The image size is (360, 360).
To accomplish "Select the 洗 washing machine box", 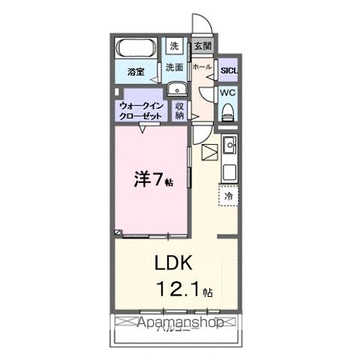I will click(x=174, y=46).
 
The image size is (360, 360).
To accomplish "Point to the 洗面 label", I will click(x=174, y=67).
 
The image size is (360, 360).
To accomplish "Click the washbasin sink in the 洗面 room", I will click(x=179, y=92).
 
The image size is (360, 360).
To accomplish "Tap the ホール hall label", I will click(x=201, y=67).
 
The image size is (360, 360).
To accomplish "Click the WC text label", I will click(x=228, y=92).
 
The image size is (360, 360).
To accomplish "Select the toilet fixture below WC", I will click(x=229, y=112).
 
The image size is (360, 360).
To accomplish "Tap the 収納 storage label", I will click(x=180, y=111).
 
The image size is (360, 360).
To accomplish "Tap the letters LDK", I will click(x=174, y=263).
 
